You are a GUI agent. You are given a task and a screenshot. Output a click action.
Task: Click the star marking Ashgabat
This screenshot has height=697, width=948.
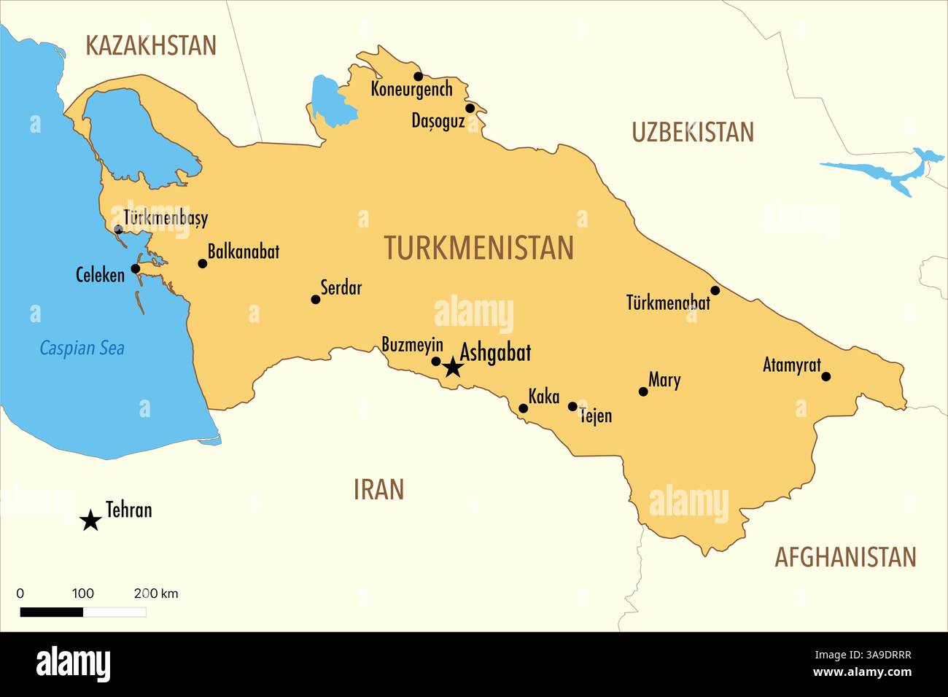pyautogui.click(x=453, y=367)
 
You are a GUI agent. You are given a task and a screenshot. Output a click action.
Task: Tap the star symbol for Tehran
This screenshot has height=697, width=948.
pyautogui.click(x=90, y=521)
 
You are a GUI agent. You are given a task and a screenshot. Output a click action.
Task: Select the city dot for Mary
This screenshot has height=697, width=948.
pyautogui.click(x=643, y=392)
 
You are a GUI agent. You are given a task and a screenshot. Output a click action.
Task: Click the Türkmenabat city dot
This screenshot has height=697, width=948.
pyautogui.click(x=715, y=291)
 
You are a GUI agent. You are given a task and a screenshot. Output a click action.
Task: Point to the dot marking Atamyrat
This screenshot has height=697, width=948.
pyautogui.click(x=825, y=376)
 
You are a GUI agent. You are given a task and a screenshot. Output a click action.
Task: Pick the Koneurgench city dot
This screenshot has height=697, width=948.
pyautogui.click(x=418, y=77)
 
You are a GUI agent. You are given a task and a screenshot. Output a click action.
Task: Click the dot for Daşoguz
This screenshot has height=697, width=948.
pyautogui.click(x=470, y=109)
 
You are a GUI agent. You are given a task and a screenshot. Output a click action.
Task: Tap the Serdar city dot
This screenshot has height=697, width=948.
pyautogui.click(x=316, y=300)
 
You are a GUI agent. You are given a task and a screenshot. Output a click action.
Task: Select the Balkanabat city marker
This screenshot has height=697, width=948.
pyautogui.click(x=203, y=263)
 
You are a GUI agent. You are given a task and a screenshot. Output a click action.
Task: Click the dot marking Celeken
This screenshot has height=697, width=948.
pyautogui.click(x=136, y=268)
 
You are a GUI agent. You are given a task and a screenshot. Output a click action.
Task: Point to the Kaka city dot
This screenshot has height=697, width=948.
pyautogui.click(x=523, y=408)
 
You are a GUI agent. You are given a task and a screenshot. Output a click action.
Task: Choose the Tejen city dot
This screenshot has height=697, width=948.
pyautogui.click(x=572, y=406)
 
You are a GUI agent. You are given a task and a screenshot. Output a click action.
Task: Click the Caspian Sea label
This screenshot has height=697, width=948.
pyautogui.click(x=82, y=348)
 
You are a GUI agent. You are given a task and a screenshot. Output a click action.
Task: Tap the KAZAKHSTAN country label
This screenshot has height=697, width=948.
pyautogui.click(x=151, y=45)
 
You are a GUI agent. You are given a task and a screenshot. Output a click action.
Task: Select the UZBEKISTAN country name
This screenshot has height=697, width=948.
pyautogui.click(x=692, y=132)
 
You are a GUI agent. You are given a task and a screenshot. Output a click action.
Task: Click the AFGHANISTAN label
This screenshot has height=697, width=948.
pyautogui.click(x=844, y=557)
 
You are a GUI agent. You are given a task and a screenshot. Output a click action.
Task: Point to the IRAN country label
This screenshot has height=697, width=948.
pyautogui.click(x=378, y=489)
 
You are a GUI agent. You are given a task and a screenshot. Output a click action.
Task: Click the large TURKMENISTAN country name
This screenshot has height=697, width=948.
pyautogui.click(x=478, y=248)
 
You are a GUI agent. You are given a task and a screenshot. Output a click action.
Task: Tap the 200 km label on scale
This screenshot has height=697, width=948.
pyautogui.click(x=156, y=593)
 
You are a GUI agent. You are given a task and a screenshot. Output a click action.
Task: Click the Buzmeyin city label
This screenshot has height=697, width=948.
pyautogui.click(x=412, y=345)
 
